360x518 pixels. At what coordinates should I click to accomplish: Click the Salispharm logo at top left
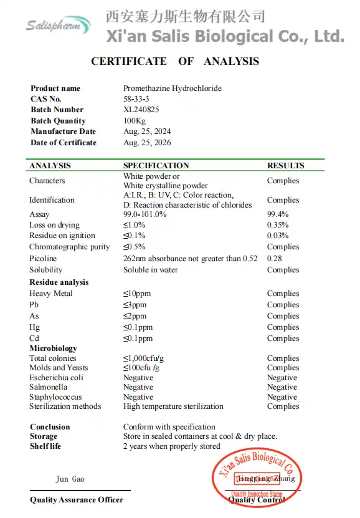tap(57, 25)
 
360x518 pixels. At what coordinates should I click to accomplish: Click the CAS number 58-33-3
tap(136, 99)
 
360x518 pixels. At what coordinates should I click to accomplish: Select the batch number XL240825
tap(141, 110)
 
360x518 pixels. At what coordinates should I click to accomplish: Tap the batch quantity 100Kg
tap(135, 121)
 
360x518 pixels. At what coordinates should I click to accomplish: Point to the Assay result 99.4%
tap(278, 214)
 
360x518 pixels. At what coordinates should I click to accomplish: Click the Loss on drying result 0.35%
tap(278, 225)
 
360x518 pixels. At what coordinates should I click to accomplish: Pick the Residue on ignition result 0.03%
tap(278, 236)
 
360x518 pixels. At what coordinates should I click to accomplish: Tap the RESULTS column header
tap(286, 166)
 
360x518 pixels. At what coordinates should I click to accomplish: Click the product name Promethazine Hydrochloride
tap(173, 89)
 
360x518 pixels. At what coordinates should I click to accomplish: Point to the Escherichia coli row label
tap(56, 378)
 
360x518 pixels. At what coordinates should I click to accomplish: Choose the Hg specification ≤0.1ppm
tap(138, 327)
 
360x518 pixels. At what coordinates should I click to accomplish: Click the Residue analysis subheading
tap(59, 282)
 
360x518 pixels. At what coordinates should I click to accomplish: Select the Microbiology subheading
tap(54, 348)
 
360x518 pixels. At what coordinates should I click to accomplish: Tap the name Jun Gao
tap(70, 479)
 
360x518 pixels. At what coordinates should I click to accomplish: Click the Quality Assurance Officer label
tap(77, 500)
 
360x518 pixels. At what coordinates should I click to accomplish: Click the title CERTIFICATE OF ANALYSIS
tap(175, 61)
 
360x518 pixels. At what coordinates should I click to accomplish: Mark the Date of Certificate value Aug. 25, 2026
tap(147, 143)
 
